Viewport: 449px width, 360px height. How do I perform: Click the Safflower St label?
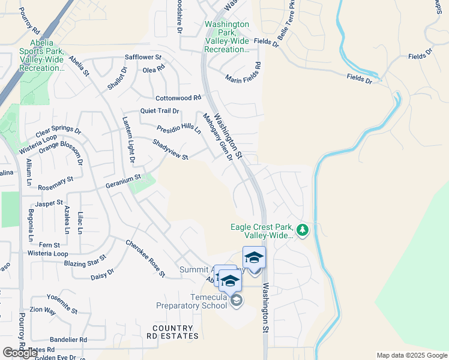(143, 58)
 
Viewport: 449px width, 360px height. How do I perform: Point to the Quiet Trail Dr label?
(160, 111)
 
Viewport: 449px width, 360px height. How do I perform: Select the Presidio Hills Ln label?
(179, 130)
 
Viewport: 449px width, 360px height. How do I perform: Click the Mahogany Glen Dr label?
(217, 137)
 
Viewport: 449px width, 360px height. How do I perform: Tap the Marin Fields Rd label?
(243, 73)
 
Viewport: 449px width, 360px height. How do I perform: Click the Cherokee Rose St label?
(145, 259)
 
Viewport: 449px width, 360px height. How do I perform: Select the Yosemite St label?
(62, 304)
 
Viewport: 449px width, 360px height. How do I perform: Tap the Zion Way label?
(43, 311)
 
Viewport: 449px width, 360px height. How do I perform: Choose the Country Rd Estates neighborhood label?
(173, 332)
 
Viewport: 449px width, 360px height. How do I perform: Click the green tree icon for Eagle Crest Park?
(303, 230)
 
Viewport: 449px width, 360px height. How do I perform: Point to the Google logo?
(20, 353)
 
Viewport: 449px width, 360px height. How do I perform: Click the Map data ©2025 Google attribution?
(411, 355)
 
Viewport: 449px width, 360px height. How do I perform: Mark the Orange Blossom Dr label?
(61, 149)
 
